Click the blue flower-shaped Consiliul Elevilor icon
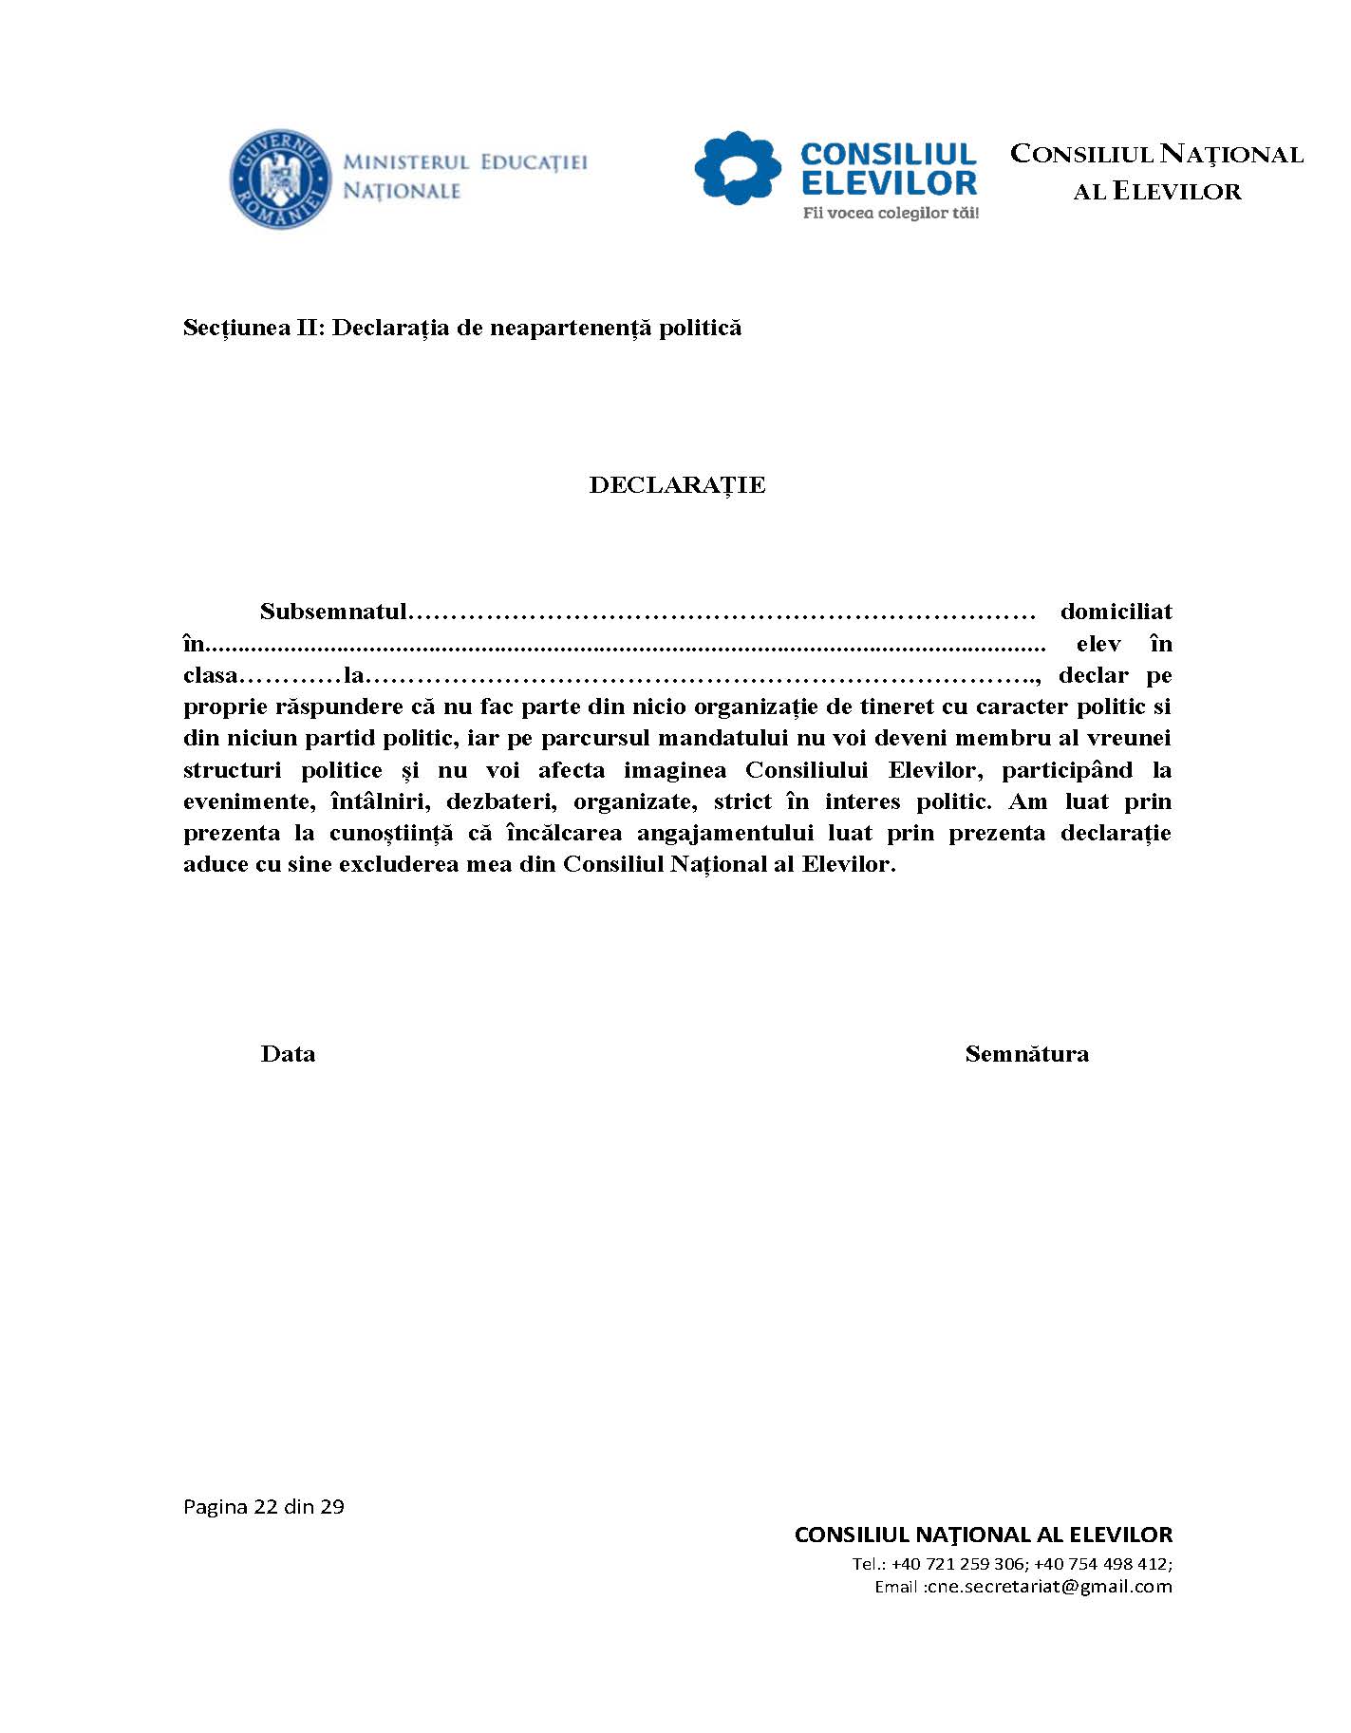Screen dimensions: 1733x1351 pyautogui.click(x=738, y=168)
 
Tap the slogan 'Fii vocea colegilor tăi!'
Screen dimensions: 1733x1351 pyautogui.click(x=890, y=214)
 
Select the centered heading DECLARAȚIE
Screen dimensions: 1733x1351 pyautogui.click(x=677, y=485)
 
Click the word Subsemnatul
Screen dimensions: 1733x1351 pyautogui.click(x=333, y=612)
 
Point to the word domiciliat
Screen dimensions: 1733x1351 pyautogui.click(x=1116, y=612)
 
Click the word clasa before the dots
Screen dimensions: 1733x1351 pyautogui.click(x=209, y=676)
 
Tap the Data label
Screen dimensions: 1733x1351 pyautogui.click(x=288, y=1054)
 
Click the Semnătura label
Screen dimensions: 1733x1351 pyautogui.click(x=1026, y=1054)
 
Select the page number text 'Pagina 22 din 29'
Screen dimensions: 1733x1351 pyautogui.click(x=263, y=1507)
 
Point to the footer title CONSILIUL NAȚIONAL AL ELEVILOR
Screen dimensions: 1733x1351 pyautogui.click(x=983, y=1535)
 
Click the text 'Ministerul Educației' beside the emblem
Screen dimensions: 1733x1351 pyautogui.click(x=464, y=162)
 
